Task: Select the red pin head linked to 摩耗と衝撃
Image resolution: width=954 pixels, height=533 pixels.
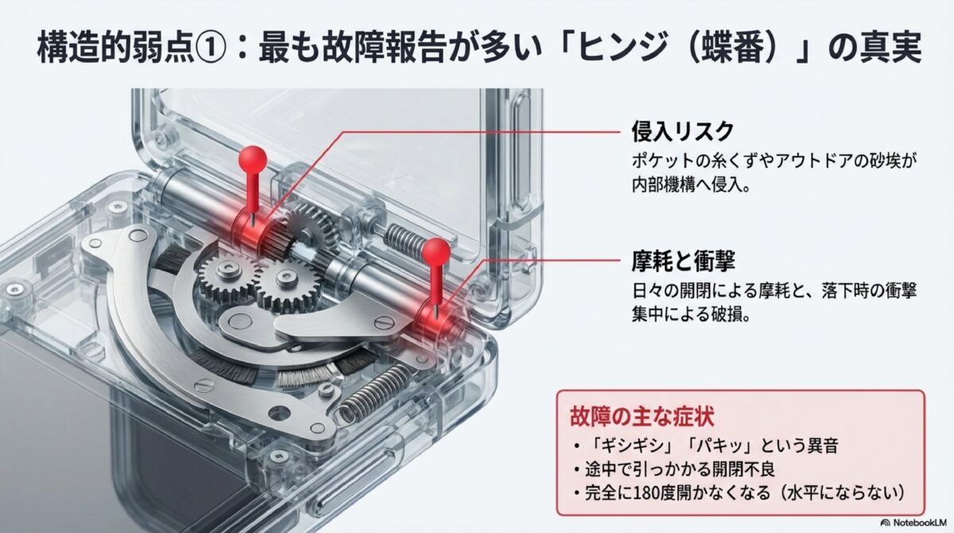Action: tap(436, 254)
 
